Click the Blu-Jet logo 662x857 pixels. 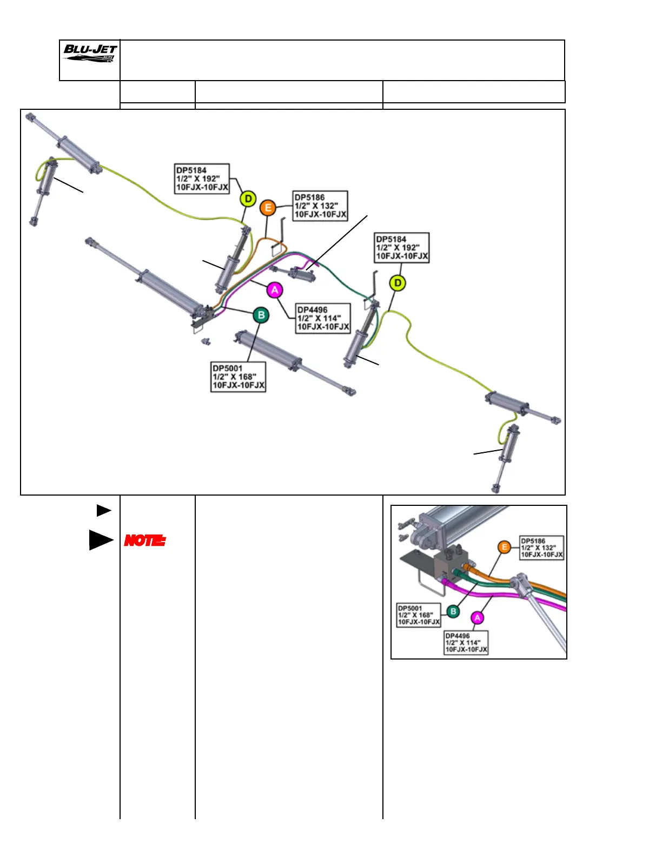click(90, 54)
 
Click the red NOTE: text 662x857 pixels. click(145, 540)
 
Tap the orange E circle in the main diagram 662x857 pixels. click(268, 208)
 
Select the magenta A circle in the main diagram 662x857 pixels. click(275, 291)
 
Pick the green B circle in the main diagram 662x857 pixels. click(261, 315)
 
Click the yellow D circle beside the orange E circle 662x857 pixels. click(248, 199)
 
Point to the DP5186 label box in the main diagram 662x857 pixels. click(320, 206)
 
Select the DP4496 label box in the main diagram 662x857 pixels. click(323, 318)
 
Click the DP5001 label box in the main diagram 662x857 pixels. click(239, 377)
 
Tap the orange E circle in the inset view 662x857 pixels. click(505, 548)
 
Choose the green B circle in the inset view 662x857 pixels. click(453, 611)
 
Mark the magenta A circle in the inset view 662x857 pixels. click(478, 618)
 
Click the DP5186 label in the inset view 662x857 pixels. click(541, 548)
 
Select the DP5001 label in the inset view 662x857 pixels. click(419, 615)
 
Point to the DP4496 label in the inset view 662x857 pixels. click(466, 643)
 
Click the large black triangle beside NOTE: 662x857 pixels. click(101, 540)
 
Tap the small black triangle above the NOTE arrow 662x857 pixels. click(103, 510)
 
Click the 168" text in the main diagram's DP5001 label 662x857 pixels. click(247, 377)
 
